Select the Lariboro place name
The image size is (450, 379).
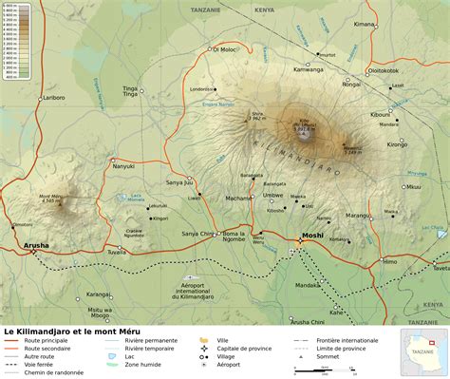(x=53, y=97)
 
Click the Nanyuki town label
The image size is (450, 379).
(x=124, y=166)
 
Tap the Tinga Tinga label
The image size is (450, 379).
(x=131, y=91)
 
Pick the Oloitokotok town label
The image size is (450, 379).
(x=384, y=69)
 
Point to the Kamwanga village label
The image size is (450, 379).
(x=309, y=69)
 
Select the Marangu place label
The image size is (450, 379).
(x=358, y=216)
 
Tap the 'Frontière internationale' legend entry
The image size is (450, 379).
(x=344, y=340)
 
